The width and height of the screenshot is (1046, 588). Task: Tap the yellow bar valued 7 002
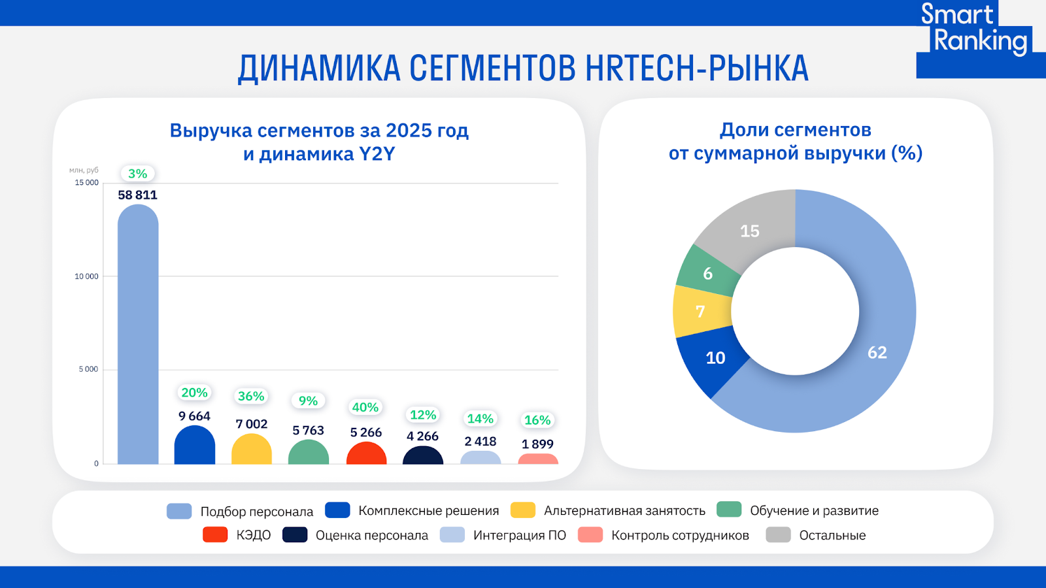(252, 450)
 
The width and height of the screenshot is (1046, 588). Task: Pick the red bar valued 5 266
(366, 454)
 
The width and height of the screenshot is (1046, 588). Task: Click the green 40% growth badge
(365, 408)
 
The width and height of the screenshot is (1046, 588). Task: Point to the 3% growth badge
(137, 174)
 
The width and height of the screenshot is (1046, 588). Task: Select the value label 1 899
(537, 444)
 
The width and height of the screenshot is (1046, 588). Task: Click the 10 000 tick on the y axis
(86, 276)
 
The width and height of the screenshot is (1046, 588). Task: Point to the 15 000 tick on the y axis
(86, 183)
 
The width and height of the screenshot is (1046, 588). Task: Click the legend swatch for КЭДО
(215, 535)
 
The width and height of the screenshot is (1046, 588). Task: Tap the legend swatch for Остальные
(778, 535)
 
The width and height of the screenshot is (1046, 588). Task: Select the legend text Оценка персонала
(371, 536)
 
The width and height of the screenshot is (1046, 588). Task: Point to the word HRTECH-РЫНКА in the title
(697, 68)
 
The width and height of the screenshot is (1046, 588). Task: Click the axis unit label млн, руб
(84, 171)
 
